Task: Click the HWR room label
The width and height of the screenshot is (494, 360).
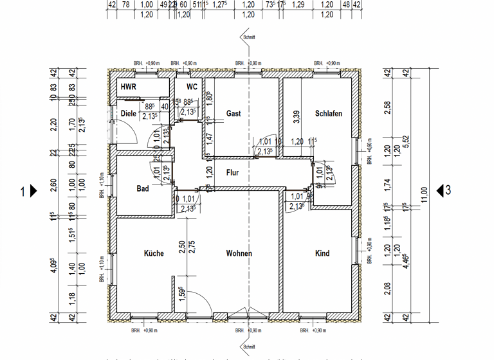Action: [x=129, y=87]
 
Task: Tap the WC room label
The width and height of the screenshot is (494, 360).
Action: [x=192, y=87]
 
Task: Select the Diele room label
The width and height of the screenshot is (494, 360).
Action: [x=129, y=114]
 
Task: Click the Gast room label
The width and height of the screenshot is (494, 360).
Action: [x=233, y=114]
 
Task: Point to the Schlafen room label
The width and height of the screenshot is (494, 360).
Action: [x=328, y=114]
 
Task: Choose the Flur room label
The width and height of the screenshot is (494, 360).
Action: [x=232, y=173]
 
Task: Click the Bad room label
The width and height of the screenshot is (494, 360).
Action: [x=143, y=189]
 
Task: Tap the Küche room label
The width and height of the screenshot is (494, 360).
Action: [x=154, y=253]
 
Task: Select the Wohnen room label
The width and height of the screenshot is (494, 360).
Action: [x=239, y=253]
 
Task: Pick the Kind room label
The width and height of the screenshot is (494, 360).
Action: [x=322, y=253]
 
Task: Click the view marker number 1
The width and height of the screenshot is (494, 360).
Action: [x=23, y=191]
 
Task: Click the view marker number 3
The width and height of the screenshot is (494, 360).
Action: [x=448, y=190]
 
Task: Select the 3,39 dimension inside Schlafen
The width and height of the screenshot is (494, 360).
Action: [x=296, y=116]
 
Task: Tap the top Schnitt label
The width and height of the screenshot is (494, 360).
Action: [x=249, y=38]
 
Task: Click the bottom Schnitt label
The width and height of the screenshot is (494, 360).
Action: [x=249, y=346]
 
